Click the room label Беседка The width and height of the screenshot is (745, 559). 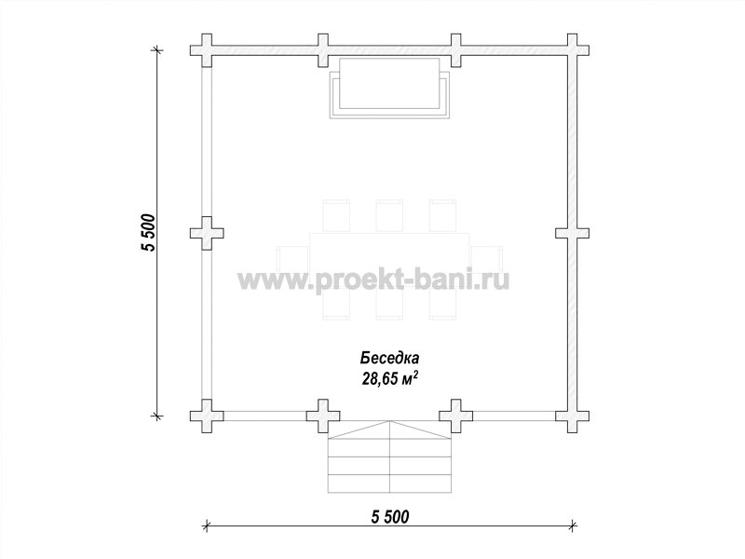389,358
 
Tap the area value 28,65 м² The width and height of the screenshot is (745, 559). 390,377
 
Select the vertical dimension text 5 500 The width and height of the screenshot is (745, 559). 148,233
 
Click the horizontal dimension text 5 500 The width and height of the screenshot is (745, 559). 389,516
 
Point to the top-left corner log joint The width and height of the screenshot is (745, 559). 207,50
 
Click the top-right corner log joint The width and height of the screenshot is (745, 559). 573,50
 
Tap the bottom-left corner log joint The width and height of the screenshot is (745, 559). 207,416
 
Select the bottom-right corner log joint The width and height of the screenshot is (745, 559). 573,416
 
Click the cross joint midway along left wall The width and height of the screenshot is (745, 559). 207,234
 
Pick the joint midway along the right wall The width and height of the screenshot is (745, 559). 573,234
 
